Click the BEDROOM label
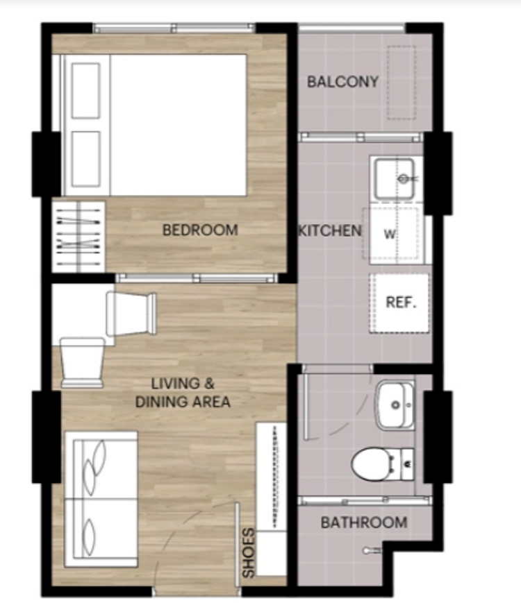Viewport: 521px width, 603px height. coord(200,230)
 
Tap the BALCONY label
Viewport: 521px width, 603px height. coord(342,81)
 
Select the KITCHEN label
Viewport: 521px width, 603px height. coord(330,231)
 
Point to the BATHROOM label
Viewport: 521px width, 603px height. coord(364,523)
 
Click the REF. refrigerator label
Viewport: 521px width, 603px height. coord(401,303)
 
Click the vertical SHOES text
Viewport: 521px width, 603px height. coord(249,552)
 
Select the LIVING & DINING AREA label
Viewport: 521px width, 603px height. coord(183,393)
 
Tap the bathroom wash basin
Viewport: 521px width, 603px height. coord(395,405)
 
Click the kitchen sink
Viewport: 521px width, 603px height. coord(395,179)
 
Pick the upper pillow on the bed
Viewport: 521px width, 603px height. coord(85,91)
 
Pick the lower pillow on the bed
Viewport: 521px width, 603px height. coord(85,159)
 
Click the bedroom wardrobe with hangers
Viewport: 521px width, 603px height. coord(78,235)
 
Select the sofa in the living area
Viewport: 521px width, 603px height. coord(101,499)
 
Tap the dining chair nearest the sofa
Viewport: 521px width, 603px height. coord(82,362)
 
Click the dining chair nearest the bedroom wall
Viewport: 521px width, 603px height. coord(131,314)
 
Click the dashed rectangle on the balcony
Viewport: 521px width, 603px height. coord(402,83)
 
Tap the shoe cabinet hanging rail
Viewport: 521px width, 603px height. coord(275,476)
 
